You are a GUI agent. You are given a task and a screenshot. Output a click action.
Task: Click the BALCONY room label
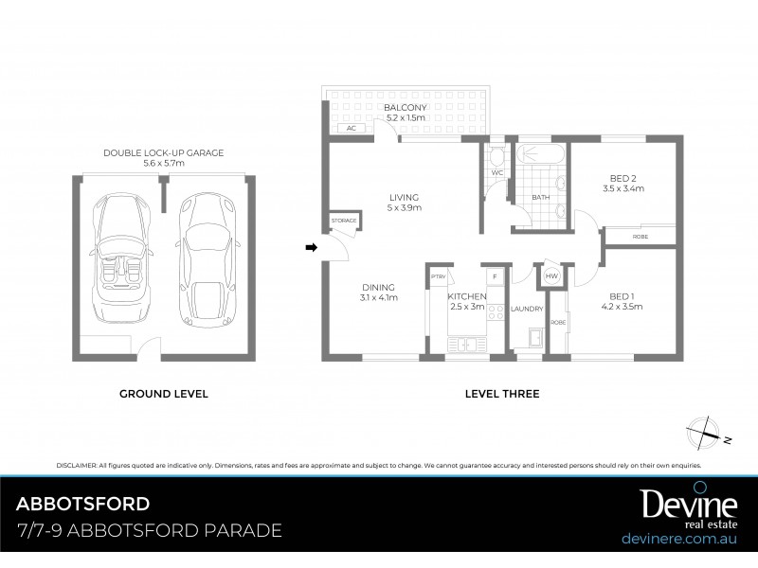coord(405,108)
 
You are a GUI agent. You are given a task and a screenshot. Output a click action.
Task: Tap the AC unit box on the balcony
coord(350,128)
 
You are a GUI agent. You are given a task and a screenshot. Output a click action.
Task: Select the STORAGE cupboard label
coord(344,220)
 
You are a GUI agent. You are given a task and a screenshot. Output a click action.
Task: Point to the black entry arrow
coord(310,248)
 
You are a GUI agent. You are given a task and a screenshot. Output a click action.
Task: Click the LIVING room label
coord(403,198)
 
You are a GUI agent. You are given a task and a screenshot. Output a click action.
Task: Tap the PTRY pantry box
coord(438,276)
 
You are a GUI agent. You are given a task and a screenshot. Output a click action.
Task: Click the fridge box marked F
coord(494,276)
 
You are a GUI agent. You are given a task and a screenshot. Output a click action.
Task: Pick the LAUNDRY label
coord(525,309)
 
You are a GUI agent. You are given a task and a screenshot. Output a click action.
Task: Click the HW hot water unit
coord(550,276)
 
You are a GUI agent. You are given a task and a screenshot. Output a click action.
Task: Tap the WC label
coord(496,173)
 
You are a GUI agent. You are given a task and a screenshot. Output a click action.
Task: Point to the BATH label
coord(540,197)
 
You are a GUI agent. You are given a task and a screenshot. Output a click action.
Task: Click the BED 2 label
coord(623,178)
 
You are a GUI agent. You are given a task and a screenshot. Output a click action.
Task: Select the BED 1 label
coord(623,296)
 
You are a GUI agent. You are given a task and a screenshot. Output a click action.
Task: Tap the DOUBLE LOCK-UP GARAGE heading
coord(164,153)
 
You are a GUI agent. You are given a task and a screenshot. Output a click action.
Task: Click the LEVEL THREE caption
coord(502,393)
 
